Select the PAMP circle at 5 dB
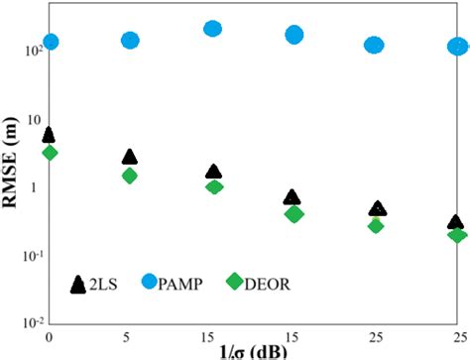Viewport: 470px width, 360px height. (130, 40)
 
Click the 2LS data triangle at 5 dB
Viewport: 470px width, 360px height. (130, 157)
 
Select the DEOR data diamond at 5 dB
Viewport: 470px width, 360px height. (130, 176)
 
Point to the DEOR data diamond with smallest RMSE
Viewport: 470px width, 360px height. (456, 235)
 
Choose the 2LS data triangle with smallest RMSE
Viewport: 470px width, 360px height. (456, 223)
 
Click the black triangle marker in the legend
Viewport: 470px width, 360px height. (78, 285)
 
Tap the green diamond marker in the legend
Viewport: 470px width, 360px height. (234, 283)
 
